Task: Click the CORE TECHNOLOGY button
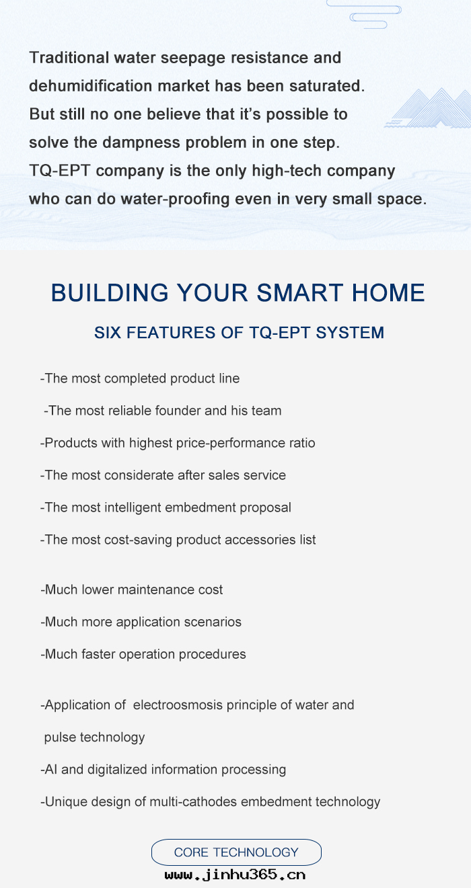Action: point(236,852)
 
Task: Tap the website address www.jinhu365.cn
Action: point(235,875)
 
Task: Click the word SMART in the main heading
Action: point(299,292)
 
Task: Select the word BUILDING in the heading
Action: point(110,292)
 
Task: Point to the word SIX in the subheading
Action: point(107,333)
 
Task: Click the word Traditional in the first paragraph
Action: point(69,58)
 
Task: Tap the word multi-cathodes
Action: point(193,802)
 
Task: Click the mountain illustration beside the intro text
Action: point(429,108)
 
